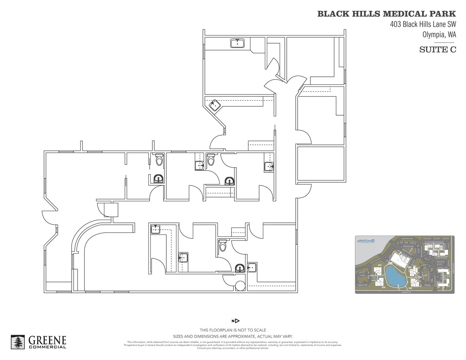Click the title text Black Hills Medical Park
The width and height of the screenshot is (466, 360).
click(x=386, y=14)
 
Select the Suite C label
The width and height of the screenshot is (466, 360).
click(x=437, y=50)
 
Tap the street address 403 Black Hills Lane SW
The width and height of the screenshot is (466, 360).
click(x=423, y=24)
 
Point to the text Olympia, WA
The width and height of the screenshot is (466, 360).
click(x=439, y=34)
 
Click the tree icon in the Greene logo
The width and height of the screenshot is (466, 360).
click(x=18, y=342)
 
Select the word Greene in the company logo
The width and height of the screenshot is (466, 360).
click(x=47, y=340)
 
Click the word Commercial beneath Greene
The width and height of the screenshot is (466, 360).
click(x=47, y=347)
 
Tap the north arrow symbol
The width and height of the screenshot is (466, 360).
click(x=236, y=321)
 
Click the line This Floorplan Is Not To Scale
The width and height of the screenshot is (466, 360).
click(x=233, y=330)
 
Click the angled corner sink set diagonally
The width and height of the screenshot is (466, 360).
click(x=215, y=105)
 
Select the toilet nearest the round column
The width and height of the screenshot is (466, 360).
click(x=223, y=245)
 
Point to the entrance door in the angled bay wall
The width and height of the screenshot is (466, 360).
click(x=48, y=218)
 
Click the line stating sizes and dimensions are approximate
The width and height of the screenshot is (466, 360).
click(x=233, y=336)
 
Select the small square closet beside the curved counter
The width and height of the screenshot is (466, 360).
click(x=111, y=210)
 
